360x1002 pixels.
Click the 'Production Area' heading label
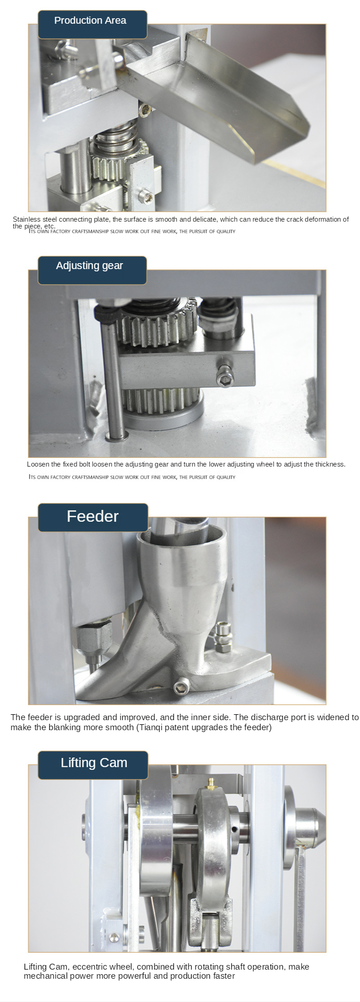[90, 21]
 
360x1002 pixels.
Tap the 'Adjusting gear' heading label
[89, 266]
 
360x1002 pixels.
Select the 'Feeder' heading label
[93, 516]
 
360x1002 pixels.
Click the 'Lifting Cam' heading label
[94, 763]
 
